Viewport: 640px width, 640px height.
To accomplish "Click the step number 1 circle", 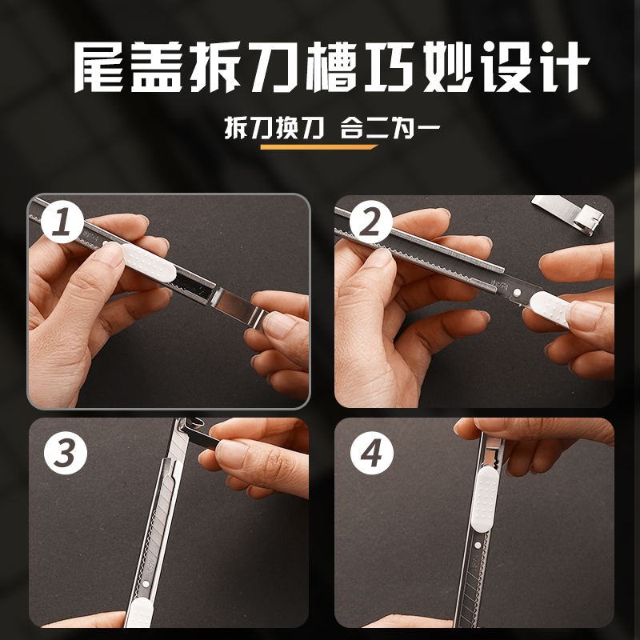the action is pos(62,222).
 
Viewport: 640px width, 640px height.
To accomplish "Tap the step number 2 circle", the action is pos(370,222).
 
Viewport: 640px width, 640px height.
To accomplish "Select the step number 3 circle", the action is pos(66,453).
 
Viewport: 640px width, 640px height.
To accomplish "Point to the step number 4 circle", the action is pos(371,453).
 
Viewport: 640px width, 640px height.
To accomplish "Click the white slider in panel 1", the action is pos(149,262).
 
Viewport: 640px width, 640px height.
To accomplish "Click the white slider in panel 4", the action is pos(484,498).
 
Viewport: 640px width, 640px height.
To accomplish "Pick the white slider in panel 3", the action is pos(138,613).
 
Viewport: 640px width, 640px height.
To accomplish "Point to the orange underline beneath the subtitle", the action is pos(318,147).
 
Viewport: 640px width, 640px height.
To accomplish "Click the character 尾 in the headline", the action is pos(99,67).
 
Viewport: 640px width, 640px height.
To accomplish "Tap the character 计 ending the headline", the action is pos(564,67).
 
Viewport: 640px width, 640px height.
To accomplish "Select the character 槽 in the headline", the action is pos(332,67).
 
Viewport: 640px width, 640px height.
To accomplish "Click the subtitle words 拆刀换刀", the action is pos(274,127).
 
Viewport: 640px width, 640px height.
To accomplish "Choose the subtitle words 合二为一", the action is pos(390,127).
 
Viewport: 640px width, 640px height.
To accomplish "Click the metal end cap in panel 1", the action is pos(238,305).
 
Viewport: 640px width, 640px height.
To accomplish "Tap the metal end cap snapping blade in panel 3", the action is pos(201,433).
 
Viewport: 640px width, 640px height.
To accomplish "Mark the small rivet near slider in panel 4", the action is pos(478,545).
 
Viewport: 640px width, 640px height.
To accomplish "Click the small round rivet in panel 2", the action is pos(517,292).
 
